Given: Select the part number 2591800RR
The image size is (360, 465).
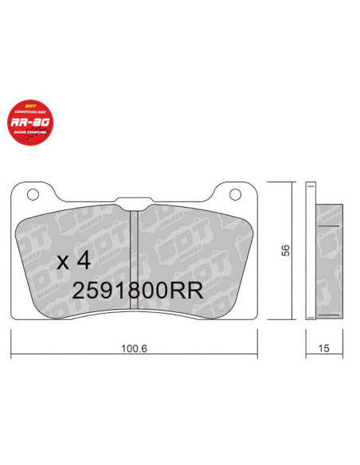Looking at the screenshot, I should (x=138, y=291).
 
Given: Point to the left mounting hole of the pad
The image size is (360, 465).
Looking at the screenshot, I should (x=32, y=193).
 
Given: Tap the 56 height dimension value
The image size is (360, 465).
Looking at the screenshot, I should (x=284, y=249).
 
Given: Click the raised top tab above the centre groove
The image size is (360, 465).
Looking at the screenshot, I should (x=134, y=201).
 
